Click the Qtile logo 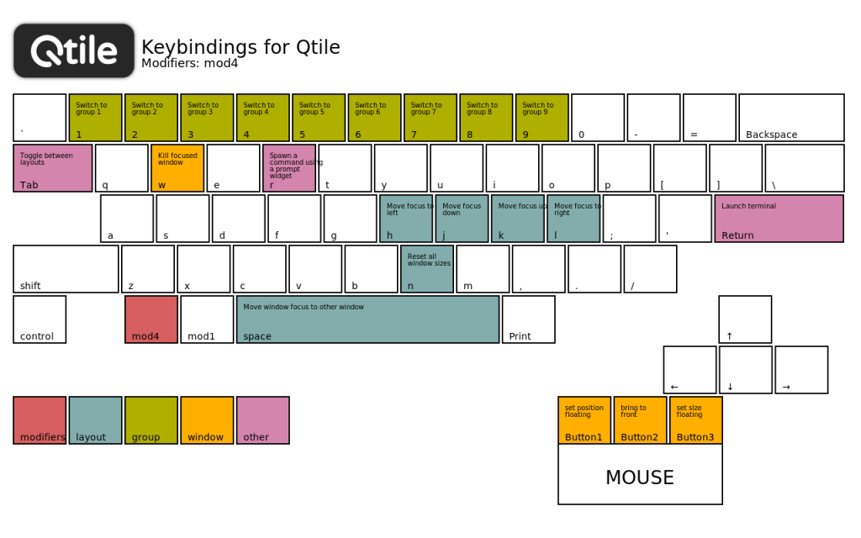point(74,50)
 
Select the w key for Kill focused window point(177,168)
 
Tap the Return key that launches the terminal point(779,219)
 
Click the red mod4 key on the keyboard point(151,319)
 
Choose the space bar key point(367,319)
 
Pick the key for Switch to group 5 point(318,118)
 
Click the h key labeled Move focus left point(406,219)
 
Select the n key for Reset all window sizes point(427,269)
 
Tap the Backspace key point(791,118)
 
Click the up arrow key point(745,319)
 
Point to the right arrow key point(801,370)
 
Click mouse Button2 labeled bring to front point(640,420)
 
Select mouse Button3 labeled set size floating point(696,420)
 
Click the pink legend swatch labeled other point(263,420)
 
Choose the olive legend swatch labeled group point(151,420)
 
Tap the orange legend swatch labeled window point(207,420)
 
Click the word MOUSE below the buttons point(640,477)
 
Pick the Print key point(529,319)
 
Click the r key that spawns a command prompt point(289,168)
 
